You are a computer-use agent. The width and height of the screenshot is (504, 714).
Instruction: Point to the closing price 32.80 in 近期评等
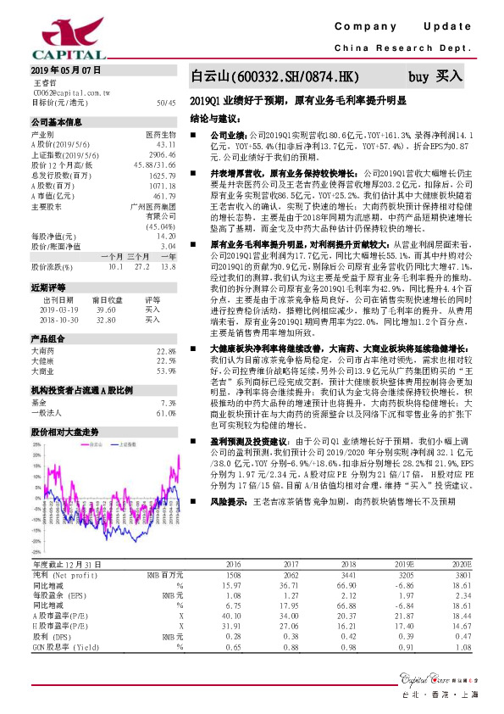coord(106,320)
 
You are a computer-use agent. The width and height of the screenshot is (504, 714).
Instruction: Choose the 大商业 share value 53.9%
coord(165,370)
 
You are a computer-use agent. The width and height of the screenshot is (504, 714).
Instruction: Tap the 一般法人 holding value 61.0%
coord(165,412)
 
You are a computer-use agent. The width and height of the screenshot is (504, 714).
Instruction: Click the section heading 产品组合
coord(49,338)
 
